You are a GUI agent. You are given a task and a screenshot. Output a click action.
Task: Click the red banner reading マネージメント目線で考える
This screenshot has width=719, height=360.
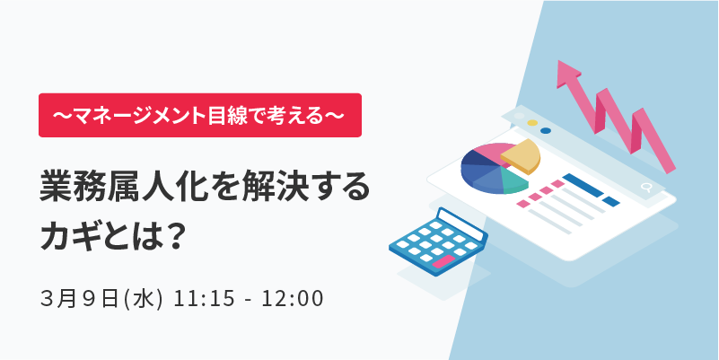[x=200, y=115]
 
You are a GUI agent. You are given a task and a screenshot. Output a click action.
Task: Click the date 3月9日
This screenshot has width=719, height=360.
[x=81, y=299]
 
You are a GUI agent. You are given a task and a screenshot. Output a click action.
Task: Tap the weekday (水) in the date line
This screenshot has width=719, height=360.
[x=144, y=299]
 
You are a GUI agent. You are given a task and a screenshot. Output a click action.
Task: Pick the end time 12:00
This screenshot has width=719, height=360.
[x=293, y=300]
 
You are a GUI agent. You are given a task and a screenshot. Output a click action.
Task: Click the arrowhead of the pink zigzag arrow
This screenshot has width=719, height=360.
[x=567, y=75]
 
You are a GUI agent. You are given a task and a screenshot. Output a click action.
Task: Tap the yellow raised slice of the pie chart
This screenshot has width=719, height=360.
[x=521, y=156]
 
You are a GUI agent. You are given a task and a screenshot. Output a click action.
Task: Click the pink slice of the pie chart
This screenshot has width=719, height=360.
[x=488, y=151]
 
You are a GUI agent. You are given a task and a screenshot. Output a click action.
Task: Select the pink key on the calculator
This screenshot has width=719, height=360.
[x=443, y=262]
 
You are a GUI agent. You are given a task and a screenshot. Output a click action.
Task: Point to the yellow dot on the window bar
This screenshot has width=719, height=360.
[x=532, y=123]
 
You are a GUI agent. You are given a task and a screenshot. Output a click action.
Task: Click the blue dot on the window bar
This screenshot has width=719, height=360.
[x=546, y=130]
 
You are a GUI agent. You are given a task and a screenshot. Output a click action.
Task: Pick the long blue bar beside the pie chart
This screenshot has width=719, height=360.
[x=583, y=185]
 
